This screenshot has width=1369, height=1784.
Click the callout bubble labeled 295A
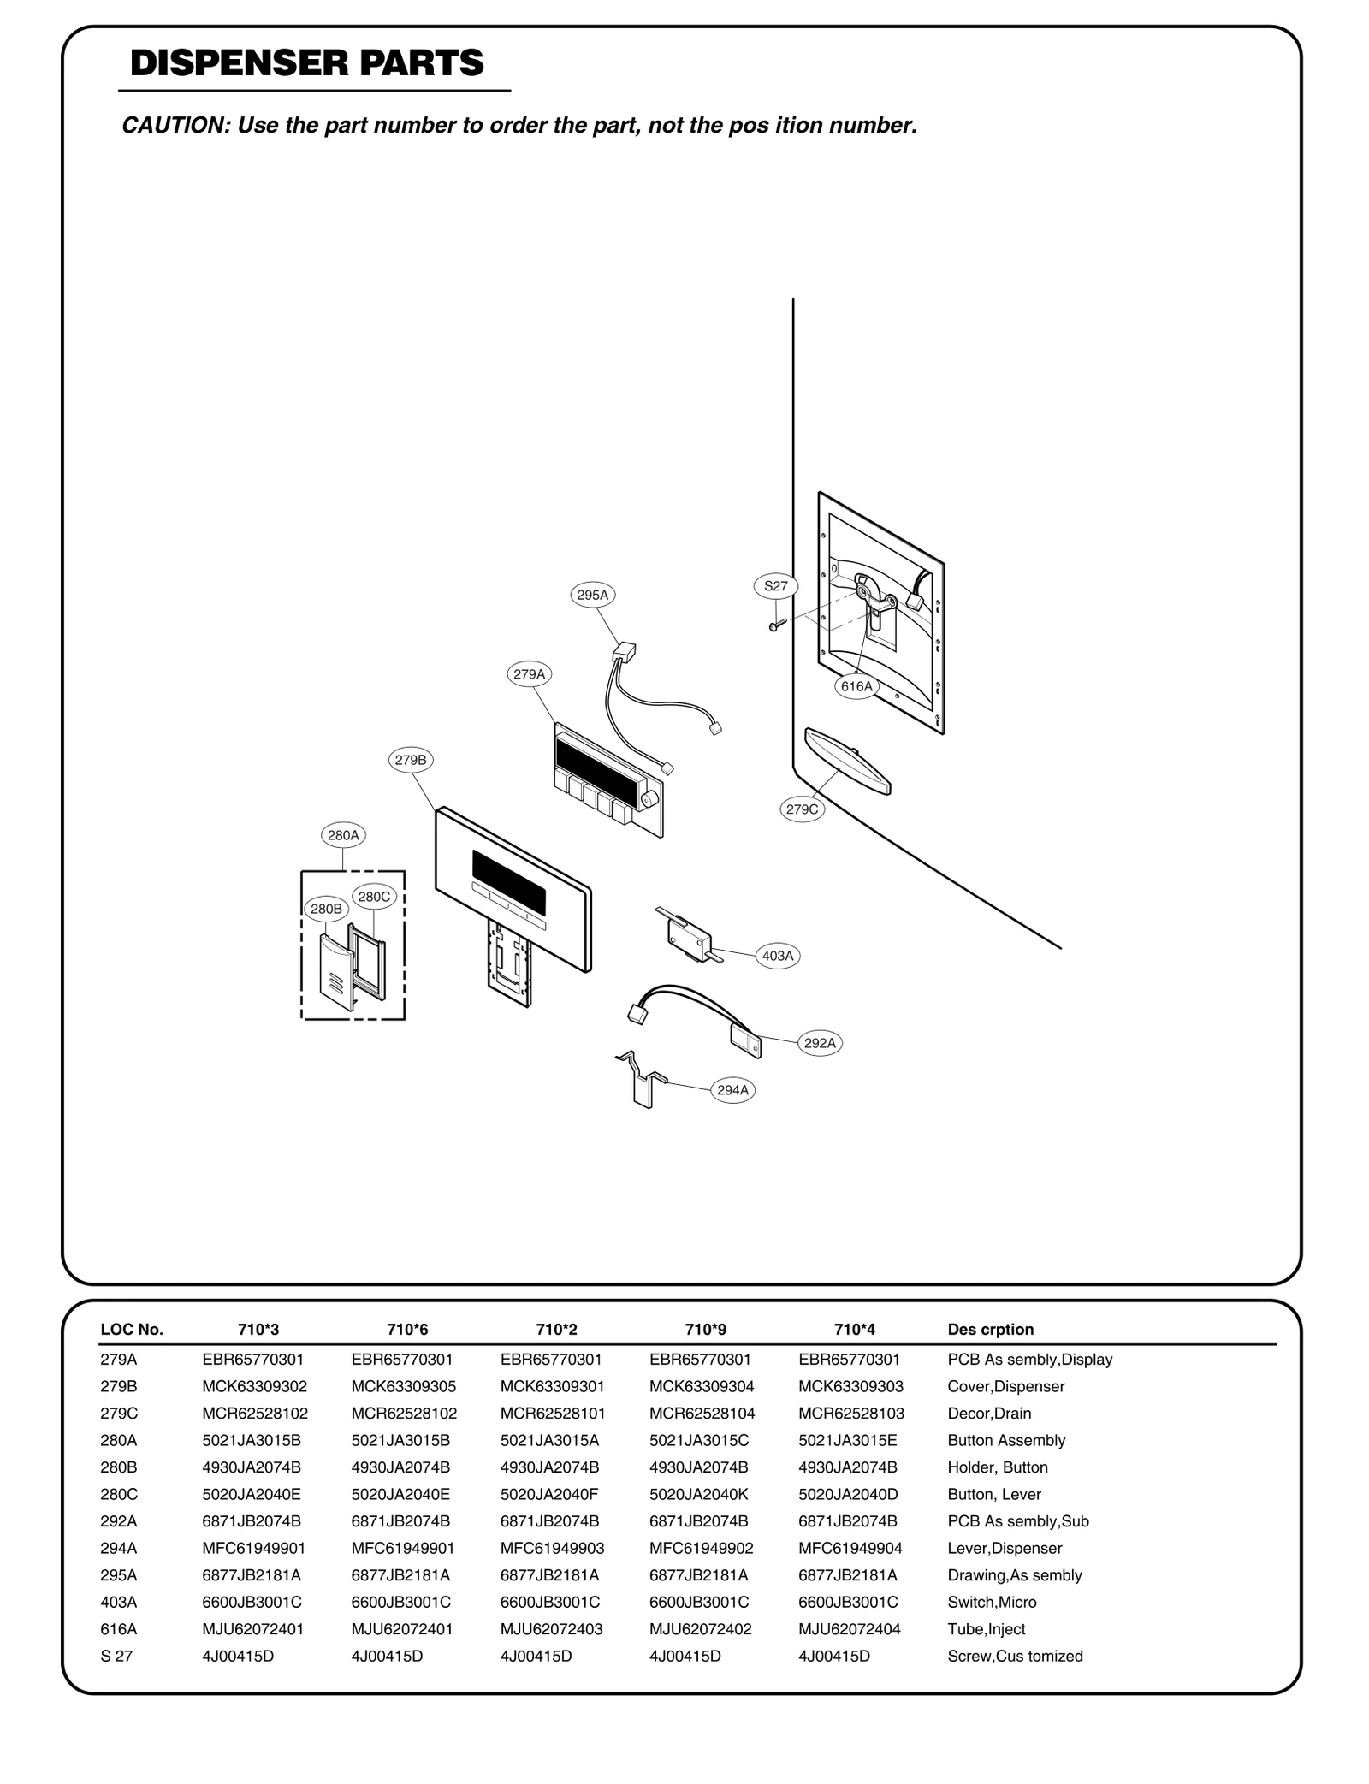coord(593,595)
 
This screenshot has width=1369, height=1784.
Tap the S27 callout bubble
coord(775,586)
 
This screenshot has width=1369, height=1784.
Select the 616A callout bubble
coord(856,686)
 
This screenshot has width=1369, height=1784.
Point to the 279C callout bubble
coord(803,809)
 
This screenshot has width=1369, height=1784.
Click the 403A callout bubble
coord(778,956)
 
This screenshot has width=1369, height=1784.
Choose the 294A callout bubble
coord(732,1090)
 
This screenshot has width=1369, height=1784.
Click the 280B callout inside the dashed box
coord(326,909)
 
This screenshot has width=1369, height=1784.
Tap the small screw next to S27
coord(777,625)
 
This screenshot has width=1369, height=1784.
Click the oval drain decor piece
coord(847,760)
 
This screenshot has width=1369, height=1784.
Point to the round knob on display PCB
coord(649,800)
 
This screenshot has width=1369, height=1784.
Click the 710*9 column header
coord(705,1329)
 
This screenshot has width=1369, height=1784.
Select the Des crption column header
coord(990,1329)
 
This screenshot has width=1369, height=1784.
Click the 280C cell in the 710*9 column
coord(699,1494)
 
